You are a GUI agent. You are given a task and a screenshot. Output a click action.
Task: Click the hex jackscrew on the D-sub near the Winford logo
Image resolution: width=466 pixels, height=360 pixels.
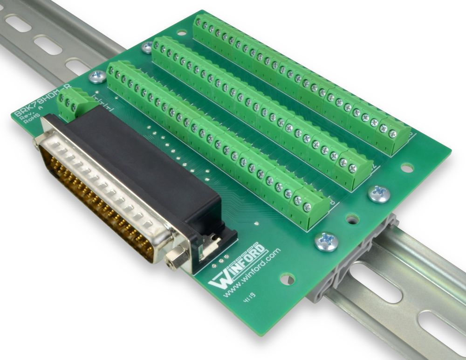click(176, 256)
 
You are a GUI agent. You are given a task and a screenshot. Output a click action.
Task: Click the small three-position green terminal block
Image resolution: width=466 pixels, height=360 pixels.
click(71, 103)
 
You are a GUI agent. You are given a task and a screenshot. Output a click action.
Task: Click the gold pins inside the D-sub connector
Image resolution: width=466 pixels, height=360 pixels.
click(93, 196)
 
